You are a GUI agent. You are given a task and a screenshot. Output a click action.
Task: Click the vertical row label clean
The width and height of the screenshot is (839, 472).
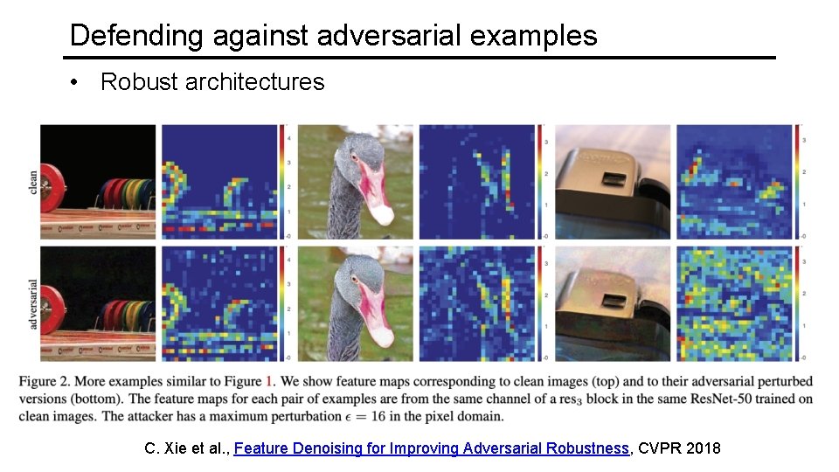33,181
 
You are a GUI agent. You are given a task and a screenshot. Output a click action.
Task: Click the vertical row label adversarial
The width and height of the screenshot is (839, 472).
33,302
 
